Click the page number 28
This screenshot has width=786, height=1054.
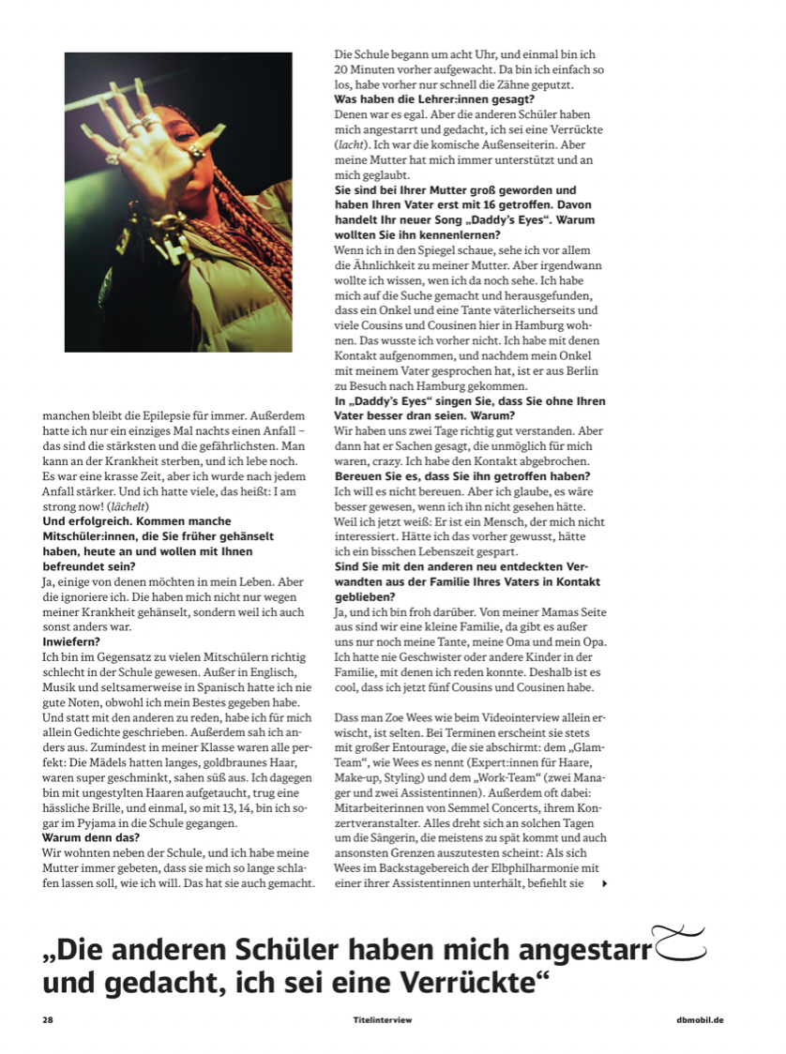click(x=48, y=1019)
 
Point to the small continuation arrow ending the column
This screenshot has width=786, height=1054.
click(x=604, y=883)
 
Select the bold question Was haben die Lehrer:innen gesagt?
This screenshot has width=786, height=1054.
click(x=433, y=99)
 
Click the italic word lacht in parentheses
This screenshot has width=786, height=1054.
click(x=349, y=145)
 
